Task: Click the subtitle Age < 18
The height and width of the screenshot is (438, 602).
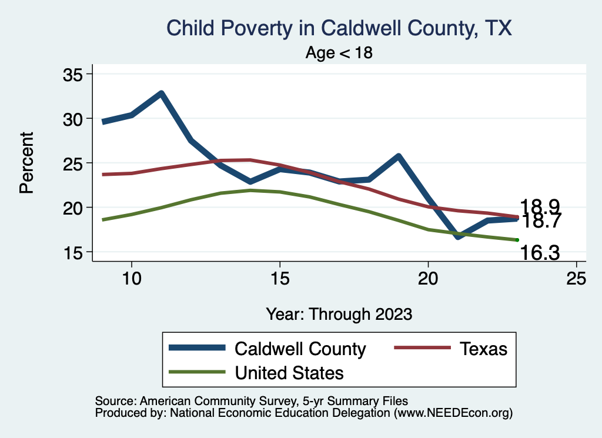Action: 339,53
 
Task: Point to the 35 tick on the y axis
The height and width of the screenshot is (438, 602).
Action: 74,74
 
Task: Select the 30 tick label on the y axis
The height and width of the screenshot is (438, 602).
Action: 74,119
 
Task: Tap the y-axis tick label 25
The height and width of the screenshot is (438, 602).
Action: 74,163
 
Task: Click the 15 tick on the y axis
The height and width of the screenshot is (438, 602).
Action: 74,252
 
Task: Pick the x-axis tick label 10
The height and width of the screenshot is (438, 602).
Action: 131,278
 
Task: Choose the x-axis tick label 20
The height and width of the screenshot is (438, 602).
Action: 428,278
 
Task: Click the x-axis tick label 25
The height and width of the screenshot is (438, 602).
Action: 576,278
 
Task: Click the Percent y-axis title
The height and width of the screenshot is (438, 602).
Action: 26,163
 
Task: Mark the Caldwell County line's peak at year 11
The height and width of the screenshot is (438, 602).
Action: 160,93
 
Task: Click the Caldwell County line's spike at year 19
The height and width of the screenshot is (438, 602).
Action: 398,156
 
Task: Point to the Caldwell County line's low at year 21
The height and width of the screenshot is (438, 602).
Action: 457,236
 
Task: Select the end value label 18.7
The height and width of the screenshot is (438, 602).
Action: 541,222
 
